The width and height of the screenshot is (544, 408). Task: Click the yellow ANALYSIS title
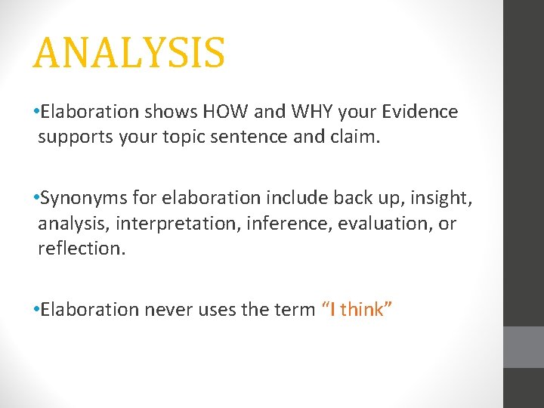(x=128, y=53)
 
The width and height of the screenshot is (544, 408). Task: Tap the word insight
(x=444, y=199)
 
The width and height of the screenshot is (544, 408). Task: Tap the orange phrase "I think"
(x=356, y=309)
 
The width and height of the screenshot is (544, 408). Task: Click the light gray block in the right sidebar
(x=524, y=347)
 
